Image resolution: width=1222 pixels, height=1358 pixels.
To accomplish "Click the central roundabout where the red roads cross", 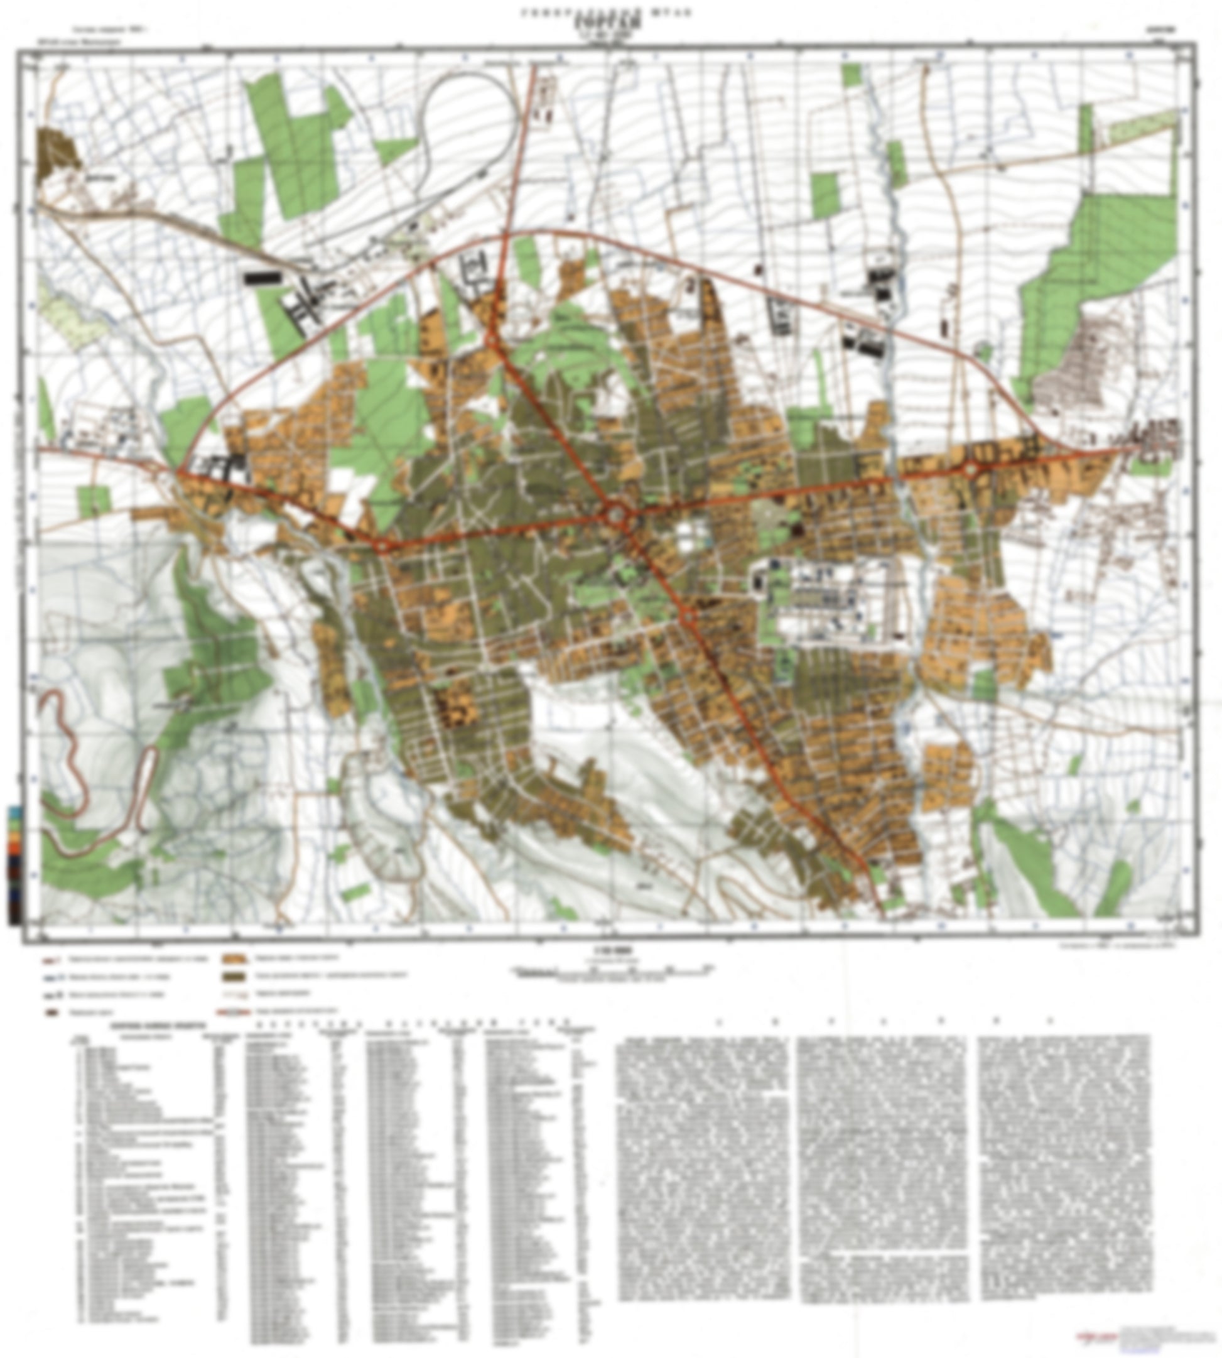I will point(617,518).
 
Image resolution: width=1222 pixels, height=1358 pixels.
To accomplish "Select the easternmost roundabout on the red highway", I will point(971,471).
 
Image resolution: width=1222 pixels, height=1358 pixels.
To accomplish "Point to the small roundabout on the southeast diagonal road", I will point(688,614).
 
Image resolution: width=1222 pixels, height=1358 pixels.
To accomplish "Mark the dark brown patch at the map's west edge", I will point(58,152).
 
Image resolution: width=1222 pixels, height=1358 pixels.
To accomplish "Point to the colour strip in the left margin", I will point(14,866).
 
